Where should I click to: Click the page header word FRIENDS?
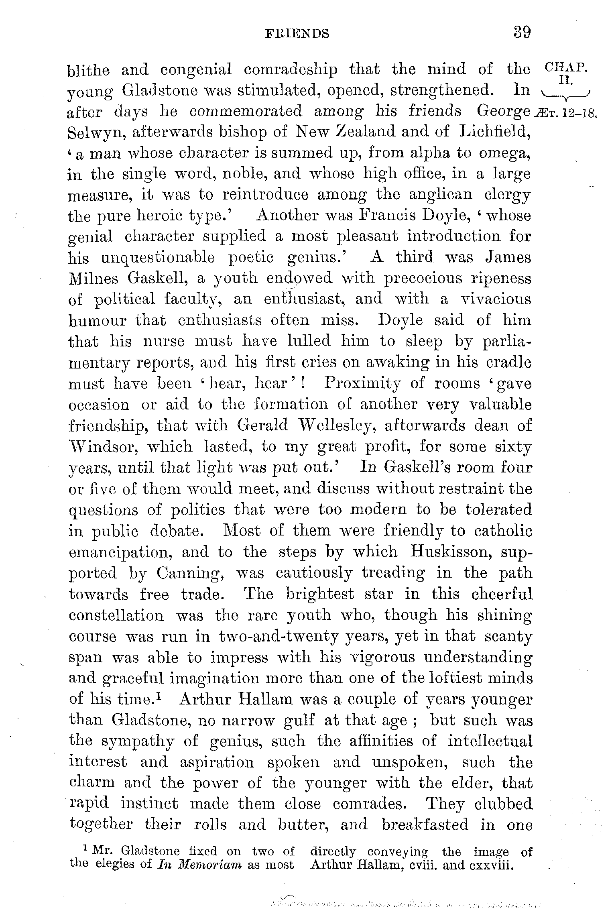pyautogui.click(x=297, y=33)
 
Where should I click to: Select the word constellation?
pyautogui.click(x=116, y=615)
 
